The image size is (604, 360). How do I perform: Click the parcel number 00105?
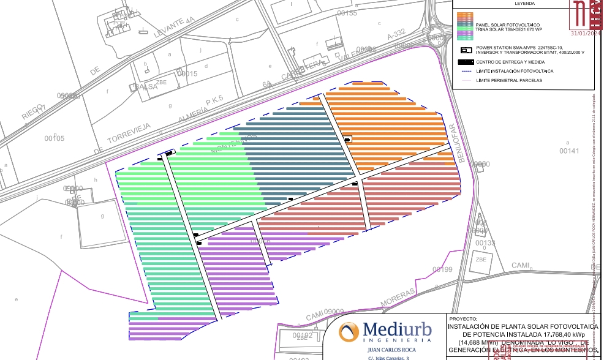click(55, 138)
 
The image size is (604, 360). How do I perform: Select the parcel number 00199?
click(442, 269)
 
